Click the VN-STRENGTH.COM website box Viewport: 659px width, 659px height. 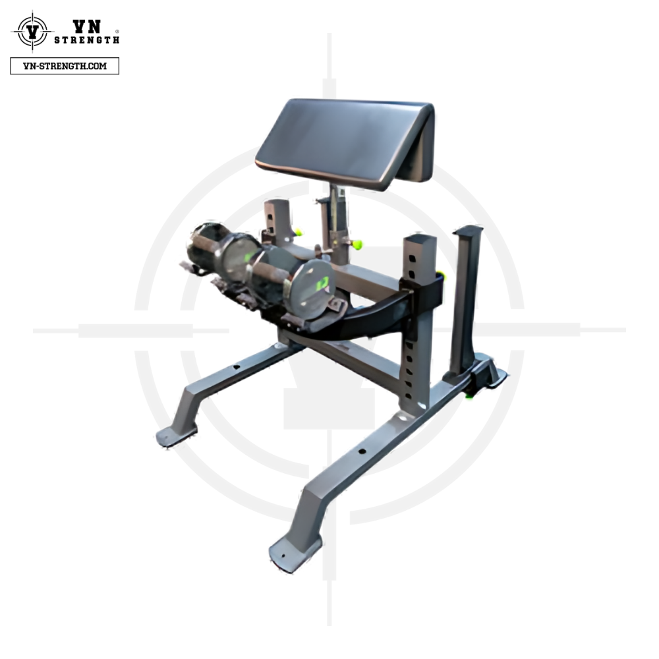(x=65, y=66)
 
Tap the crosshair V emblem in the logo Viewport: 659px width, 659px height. (x=32, y=32)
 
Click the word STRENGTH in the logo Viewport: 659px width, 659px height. (x=87, y=40)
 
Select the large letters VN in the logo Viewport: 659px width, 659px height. (x=87, y=26)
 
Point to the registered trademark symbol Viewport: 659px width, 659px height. (x=117, y=31)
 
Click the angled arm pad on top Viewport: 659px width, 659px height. (x=345, y=141)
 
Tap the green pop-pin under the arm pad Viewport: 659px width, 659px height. (x=357, y=244)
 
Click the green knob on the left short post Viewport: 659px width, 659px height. (x=299, y=231)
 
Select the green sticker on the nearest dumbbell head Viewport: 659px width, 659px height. (x=322, y=283)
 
